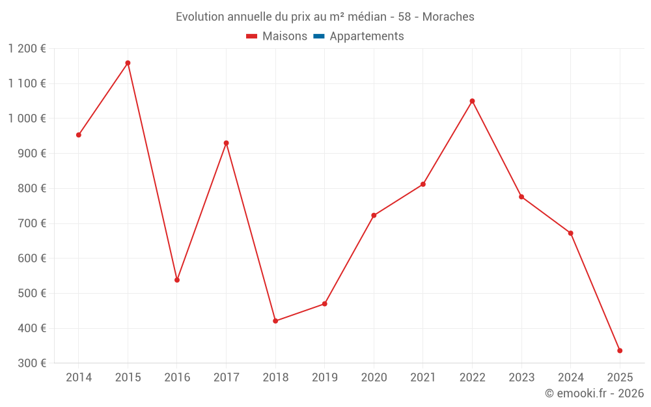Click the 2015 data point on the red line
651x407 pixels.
(128, 63)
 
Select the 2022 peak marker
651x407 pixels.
(472, 101)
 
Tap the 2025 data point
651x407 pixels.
(620, 350)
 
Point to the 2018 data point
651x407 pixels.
(275, 321)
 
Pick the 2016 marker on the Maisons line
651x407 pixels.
(177, 280)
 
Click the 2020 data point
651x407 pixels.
(374, 216)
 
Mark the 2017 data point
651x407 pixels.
(226, 143)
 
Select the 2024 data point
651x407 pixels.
(570, 233)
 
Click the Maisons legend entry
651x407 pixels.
(277, 36)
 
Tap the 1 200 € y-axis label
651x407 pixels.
(27, 49)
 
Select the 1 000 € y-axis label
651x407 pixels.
(27, 119)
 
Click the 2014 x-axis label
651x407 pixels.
(79, 378)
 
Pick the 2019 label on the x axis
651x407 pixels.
(325, 378)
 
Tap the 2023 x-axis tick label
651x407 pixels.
(521, 378)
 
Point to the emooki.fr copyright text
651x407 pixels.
(594, 393)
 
